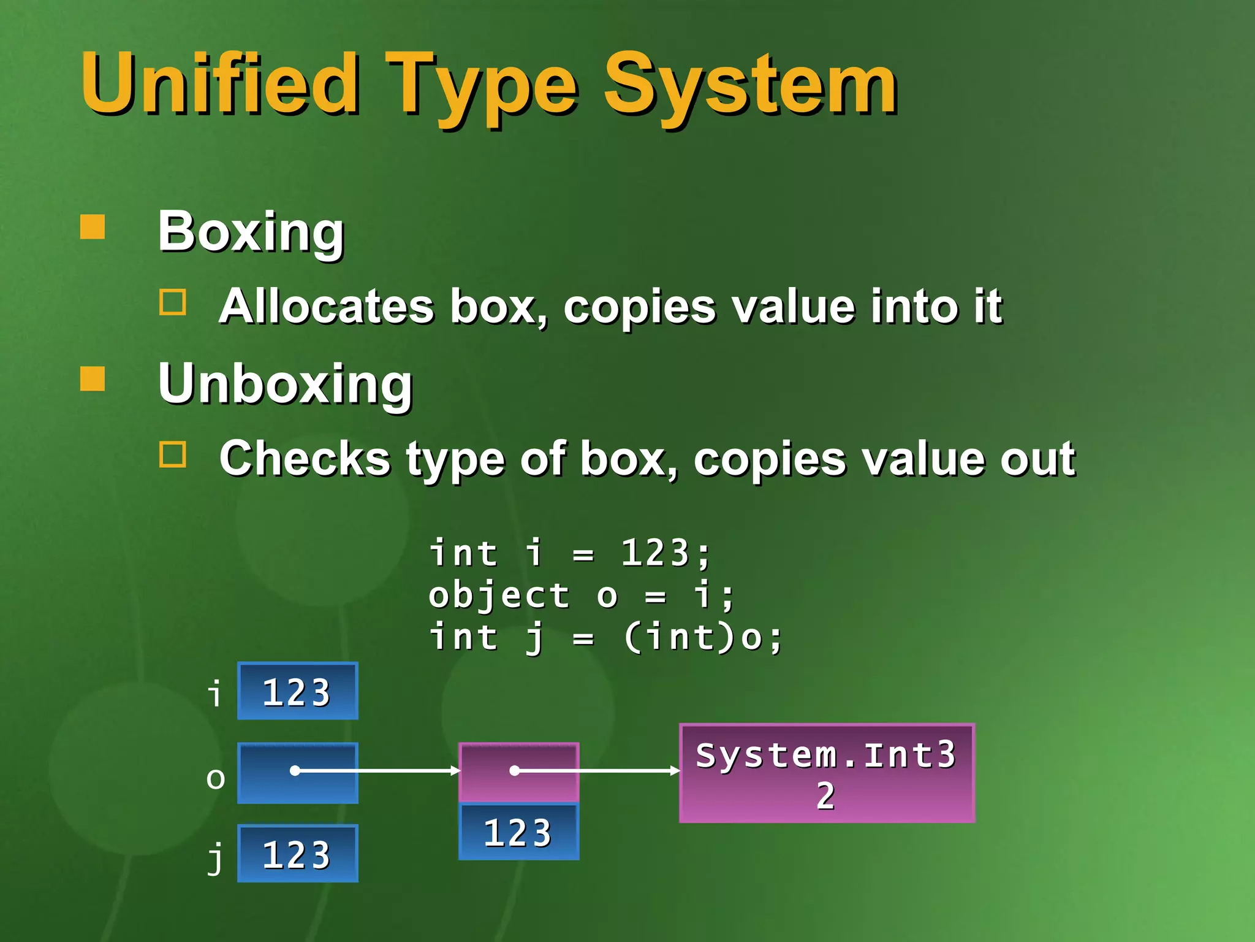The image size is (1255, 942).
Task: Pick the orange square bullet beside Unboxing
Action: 93,378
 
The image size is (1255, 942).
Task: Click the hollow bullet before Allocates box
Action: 173,302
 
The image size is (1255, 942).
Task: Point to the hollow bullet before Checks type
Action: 173,454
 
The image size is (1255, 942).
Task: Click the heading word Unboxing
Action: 285,384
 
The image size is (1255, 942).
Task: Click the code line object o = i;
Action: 581,595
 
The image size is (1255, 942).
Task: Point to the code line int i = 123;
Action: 570,553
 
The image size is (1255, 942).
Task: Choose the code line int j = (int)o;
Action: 605,637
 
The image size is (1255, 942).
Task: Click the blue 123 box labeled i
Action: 298,691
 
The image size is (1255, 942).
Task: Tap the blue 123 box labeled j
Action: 298,854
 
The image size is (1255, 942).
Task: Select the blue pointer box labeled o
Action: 298,773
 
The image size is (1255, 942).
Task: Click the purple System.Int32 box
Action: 827,773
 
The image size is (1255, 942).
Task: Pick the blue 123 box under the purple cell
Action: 518,832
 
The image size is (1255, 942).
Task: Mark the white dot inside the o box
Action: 295,771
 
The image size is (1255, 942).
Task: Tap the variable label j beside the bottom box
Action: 215,856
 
